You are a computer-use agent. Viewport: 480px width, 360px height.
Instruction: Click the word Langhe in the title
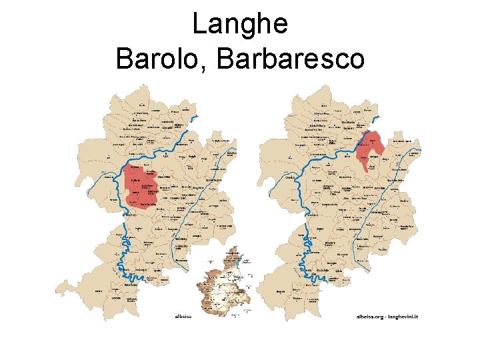coord(240,25)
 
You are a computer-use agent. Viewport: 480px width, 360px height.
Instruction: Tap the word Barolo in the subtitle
coord(161,59)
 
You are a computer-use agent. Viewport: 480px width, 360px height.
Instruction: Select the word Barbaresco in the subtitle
coord(291,59)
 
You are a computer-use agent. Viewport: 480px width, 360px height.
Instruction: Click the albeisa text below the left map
coord(182,315)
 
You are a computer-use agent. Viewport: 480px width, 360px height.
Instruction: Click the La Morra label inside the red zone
coord(137,179)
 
